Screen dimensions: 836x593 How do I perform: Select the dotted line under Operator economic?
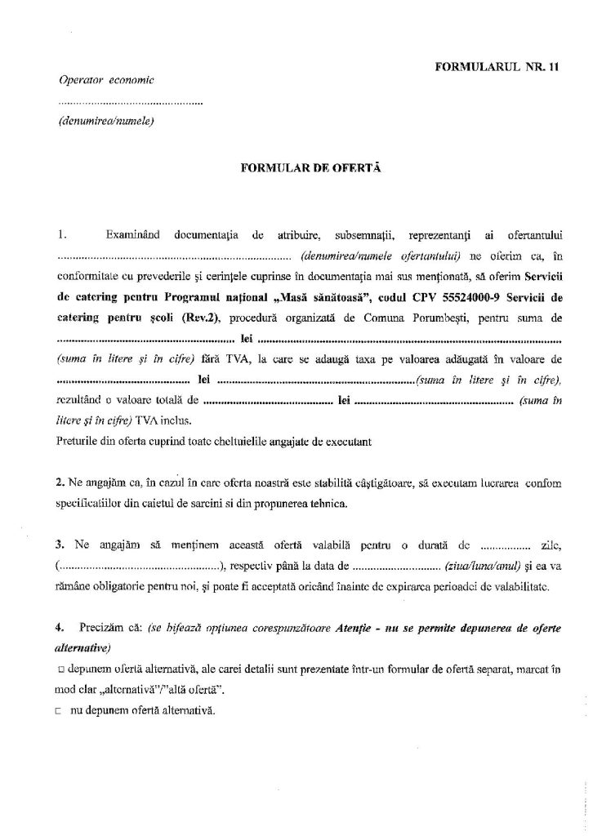131,104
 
